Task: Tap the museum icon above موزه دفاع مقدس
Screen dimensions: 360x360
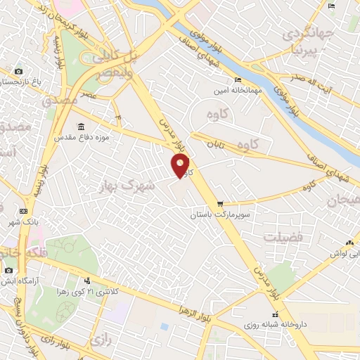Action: (82, 127)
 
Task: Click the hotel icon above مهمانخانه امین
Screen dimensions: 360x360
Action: (238, 79)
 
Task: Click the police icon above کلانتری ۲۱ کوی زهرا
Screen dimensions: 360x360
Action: (88, 280)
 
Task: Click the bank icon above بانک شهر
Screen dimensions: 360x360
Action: (24, 211)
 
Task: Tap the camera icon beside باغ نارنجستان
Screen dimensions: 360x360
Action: (18, 72)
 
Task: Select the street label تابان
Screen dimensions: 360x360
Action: (214, 143)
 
